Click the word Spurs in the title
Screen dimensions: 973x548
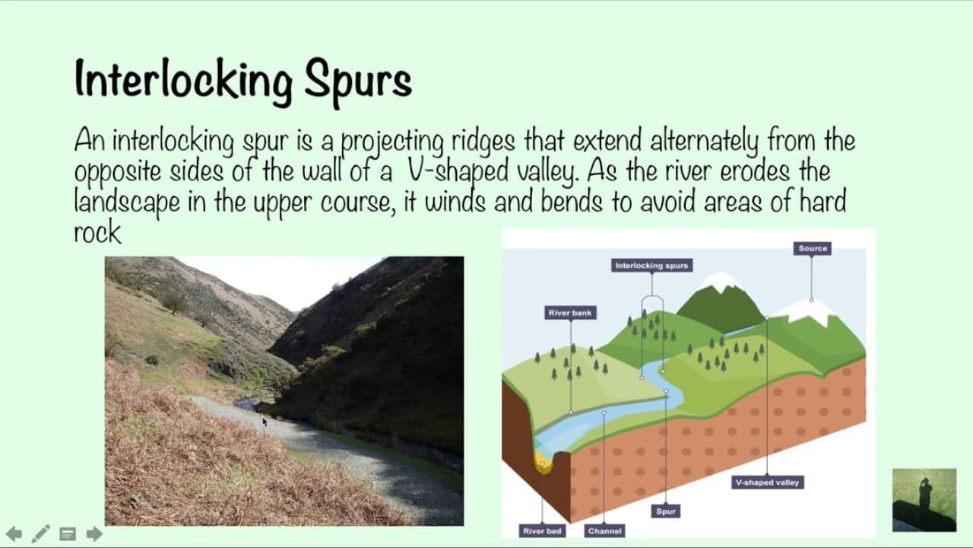pos(358,81)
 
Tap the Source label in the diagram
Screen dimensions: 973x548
pos(813,248)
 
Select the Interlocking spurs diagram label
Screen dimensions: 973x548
pos(651,266)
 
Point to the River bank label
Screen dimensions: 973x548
pos(570,313)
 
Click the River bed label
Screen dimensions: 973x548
pos(542,531)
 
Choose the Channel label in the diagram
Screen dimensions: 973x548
pos(604,531)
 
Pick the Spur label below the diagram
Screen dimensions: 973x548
pos(666,511)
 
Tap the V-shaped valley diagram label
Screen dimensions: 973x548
pos(768,483)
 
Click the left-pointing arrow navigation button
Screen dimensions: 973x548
pos(14,534)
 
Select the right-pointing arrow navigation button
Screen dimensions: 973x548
pos(94,534)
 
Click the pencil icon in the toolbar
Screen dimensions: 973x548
pos(41,534)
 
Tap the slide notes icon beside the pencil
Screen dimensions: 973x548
pos(68,534)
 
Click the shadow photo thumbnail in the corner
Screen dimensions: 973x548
pos(924,500)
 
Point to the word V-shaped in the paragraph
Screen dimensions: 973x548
pos(458,171)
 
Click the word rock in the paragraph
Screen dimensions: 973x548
pos(97,232)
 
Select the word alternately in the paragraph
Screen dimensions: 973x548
pos(704,141)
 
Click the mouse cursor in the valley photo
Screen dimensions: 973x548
pos(265,422)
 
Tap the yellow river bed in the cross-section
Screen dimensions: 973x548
pos(543,463)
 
